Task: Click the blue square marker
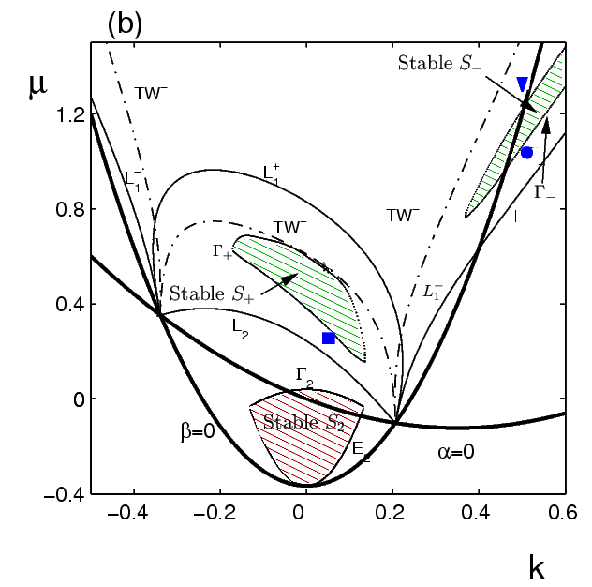pyautogui.click(x=329, y=338)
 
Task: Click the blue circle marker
pyautogui.click(x=527, y=153)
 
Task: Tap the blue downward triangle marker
pyautogui.click(x=523, y=84)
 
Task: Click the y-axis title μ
pyautogui.click(x=37, y=94)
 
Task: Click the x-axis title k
pyautogui.click(x=535, y=567)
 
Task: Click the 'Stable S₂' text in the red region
pyautogui.click(x=302, y=422)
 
